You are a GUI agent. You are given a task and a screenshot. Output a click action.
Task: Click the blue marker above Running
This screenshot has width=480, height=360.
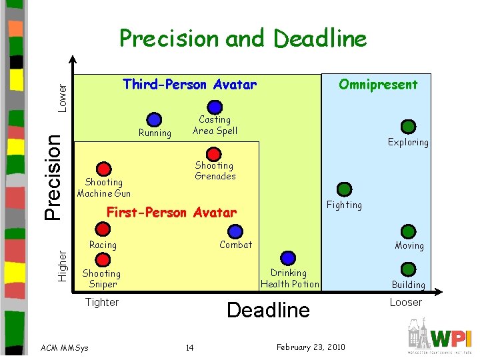coord(154,119)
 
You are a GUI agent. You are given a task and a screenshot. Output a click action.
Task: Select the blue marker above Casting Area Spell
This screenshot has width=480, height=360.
coord(215,107)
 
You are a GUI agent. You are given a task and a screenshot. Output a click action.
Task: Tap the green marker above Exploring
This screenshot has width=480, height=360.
coord(408,127)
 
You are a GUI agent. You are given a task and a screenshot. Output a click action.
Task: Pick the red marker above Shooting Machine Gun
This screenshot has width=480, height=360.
coord(103,169)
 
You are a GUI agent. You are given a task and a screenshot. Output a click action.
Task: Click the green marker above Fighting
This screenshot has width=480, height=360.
coord(344,189)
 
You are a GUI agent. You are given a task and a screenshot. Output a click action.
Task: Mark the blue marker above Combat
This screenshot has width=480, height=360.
coord(235,231)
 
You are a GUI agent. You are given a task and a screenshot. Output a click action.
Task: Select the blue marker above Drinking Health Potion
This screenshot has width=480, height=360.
coord(288,258)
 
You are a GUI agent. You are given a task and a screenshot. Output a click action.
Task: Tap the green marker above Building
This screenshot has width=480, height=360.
coord(408,269)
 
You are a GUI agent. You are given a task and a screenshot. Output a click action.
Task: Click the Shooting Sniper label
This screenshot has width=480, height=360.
coord(101,279)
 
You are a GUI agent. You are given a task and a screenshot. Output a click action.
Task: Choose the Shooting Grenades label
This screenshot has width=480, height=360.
coord(215,171)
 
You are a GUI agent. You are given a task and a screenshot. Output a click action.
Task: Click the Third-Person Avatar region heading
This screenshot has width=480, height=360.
coord(189,85)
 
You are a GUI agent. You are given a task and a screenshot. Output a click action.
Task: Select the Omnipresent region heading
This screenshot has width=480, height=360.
coord(378,85)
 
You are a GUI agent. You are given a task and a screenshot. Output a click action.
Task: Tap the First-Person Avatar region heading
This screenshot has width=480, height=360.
coord(172,213)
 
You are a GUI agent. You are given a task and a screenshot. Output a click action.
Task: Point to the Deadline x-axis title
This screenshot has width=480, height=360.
coord(268,310)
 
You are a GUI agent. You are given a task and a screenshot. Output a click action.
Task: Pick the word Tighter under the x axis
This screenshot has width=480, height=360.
coord(102,303)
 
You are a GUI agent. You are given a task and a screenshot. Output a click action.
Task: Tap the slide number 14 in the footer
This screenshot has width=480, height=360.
coord(190,348)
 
